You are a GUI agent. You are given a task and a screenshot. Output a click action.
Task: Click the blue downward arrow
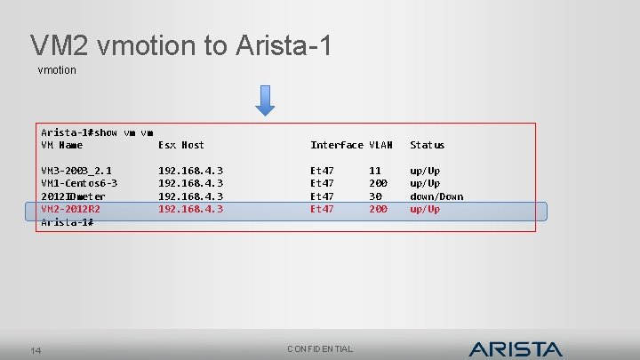click(x=265, y=100)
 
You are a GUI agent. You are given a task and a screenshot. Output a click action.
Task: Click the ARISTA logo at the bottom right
click(x=515, y=348)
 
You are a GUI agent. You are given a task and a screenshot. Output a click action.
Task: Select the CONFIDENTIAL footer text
click(x=320, y=349)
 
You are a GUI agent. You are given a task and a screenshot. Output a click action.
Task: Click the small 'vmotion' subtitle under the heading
click(x=57, y=69)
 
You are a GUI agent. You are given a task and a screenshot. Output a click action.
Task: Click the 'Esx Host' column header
click(x=180, y=145)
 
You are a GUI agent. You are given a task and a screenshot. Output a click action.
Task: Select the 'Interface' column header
click(x=336, y=145)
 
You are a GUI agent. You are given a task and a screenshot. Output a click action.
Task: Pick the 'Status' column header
click(x=427, y=145)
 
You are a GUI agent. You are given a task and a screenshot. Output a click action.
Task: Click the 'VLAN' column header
click(x=380, y=145)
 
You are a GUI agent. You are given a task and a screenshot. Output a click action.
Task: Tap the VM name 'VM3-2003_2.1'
click(x=76, y=171)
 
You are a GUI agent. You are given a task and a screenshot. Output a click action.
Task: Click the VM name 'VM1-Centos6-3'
click(x=79, y=183)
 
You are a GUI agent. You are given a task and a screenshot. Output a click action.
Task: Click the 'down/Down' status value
click(x=436, y=196)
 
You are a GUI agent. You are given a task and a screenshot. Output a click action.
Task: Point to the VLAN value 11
click(x=375, y=171)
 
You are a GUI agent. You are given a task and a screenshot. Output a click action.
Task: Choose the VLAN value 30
click(x=375, y=196)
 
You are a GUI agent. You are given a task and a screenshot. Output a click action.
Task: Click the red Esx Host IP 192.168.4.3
click(x=190, y=209)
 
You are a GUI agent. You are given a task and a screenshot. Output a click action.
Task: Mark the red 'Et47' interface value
click(x=322, y=209)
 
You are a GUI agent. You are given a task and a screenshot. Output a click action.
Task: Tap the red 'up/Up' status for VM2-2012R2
click(x=424, y=209)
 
